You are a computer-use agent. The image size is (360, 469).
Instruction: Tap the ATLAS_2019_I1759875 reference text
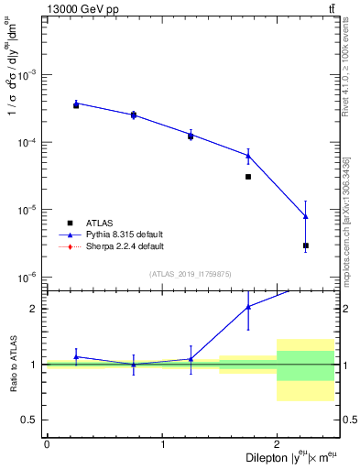pos(191,273)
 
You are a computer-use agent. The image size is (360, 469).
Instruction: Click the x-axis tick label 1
pos(162,443)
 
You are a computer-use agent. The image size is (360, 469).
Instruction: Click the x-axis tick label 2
pos(277,443)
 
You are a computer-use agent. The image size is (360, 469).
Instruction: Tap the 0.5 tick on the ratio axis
pos(32,420)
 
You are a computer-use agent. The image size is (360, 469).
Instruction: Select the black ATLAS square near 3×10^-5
pos(248,177)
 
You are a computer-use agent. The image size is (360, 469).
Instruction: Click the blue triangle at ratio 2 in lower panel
pos(248,307)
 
